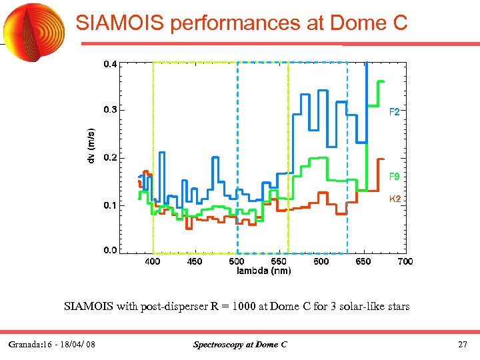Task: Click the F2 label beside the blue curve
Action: [395, 113]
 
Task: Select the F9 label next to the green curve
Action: [395, 177]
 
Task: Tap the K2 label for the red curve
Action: [395, 199]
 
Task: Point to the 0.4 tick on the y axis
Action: [110, 65]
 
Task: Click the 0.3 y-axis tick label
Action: [110, 109]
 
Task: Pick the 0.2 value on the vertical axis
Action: [110, 158]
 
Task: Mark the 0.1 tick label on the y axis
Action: [110, 205]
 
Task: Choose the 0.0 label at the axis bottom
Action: [110, 250]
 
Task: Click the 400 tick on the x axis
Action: [153, 262]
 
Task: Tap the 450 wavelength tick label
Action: [194, 262]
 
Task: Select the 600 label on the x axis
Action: [321, 262]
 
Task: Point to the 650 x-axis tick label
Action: [363, 262]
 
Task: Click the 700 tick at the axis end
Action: [405, 262]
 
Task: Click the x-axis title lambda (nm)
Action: [264, 271]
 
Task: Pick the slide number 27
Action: [463, 345]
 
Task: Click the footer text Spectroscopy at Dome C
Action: [240, 345]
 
